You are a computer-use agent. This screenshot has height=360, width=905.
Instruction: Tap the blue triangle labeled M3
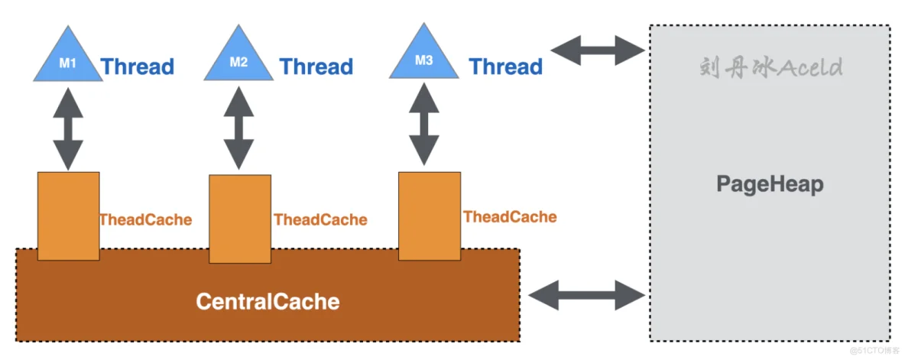(423, 58)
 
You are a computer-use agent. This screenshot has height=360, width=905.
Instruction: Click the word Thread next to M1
(138, 66)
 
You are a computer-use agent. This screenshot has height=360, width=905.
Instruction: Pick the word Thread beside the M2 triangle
(316, 66)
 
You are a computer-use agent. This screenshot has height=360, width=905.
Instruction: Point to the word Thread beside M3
(506, 66)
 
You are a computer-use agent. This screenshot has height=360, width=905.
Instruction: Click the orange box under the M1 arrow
(68, 216)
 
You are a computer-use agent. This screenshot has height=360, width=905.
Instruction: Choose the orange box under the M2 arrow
(239, 219)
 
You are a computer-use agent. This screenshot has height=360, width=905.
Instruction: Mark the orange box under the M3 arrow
(429, 216)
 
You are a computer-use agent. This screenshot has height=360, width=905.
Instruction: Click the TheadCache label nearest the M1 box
(145, 219)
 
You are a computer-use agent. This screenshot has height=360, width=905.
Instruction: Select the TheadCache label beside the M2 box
(320, 220)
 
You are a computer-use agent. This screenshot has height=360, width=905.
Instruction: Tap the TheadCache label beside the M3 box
(510, 217)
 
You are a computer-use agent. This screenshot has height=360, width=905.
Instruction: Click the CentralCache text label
(268, 301)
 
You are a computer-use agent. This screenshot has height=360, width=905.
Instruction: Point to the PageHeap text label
(770, 184)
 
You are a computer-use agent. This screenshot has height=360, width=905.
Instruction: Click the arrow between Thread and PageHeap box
(598, 51)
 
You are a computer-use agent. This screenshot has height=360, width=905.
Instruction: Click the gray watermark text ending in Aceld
(770, 67)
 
